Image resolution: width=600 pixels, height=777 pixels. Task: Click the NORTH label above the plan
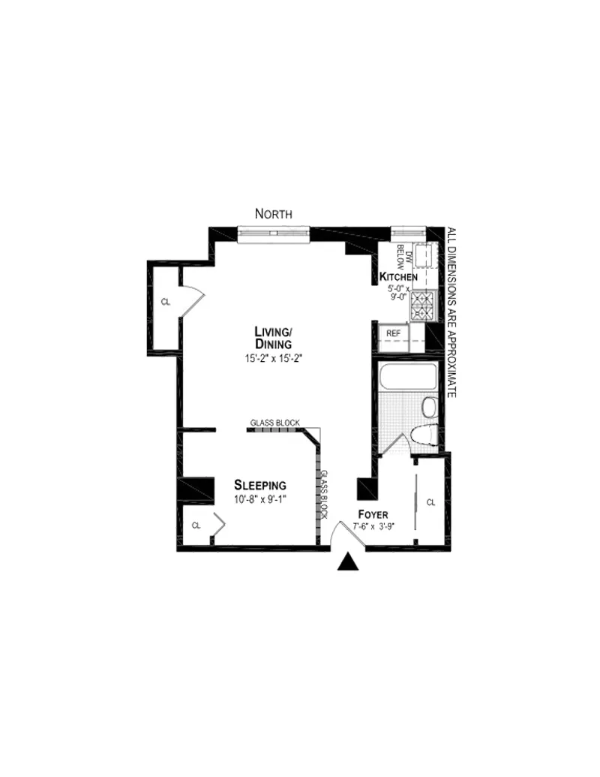(274, 214)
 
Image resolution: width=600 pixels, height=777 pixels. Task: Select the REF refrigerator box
(392, 333)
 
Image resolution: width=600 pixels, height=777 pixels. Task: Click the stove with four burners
(424, 305)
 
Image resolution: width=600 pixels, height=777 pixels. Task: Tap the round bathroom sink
(429, 408)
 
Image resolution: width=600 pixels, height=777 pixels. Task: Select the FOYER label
(373, 515)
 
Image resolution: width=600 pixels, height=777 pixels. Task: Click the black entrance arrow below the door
(347, 562)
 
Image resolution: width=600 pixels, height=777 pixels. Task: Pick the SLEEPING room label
(259, 484)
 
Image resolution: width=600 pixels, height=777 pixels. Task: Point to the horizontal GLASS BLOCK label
(274, 423)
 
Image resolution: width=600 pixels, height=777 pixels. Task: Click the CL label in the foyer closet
(430, 502)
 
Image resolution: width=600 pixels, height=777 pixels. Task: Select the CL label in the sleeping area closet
(196, 526)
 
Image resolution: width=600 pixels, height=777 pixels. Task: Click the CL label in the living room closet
(165, 302)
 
